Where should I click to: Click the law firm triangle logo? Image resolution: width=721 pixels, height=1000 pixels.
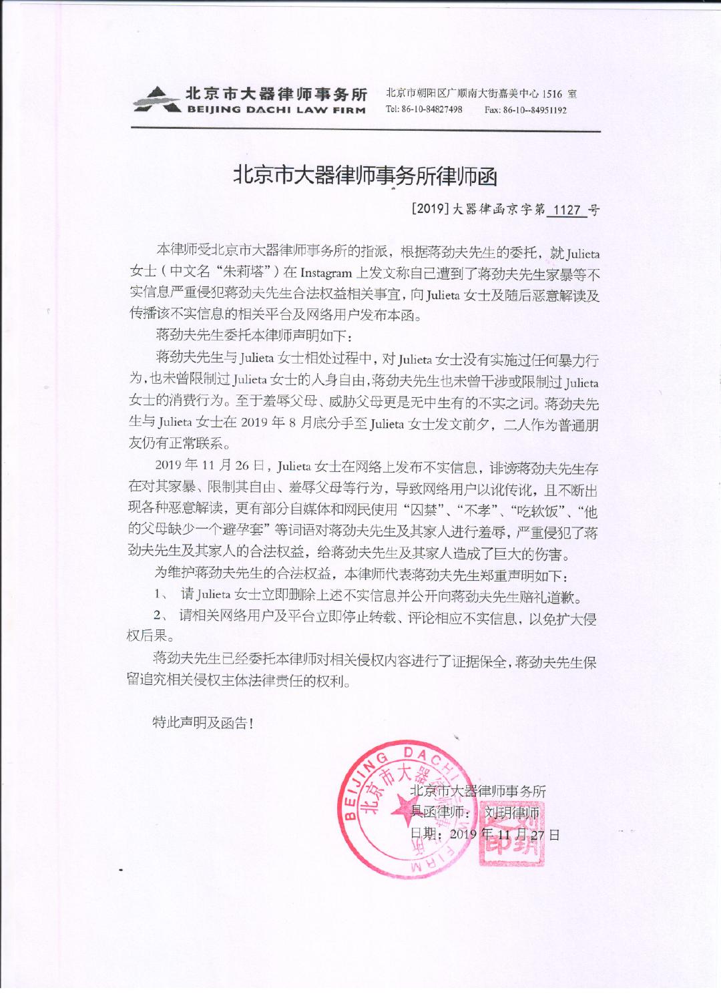156,100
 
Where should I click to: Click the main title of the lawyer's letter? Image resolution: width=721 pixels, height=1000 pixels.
365,176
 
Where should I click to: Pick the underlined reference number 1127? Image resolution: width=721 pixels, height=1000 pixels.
567,210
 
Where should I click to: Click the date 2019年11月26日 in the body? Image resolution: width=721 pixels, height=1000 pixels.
211,465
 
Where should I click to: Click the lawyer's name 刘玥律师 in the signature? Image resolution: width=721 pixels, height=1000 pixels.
512,812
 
